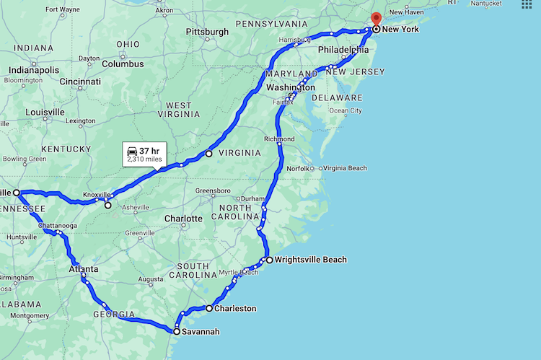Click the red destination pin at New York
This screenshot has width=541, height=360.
click(375, 19)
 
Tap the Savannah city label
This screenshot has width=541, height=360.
click(201, 332)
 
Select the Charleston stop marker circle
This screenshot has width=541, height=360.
click(209, 309)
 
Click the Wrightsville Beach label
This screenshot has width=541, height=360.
click(311, 260)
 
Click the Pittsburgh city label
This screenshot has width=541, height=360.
click(206, 32)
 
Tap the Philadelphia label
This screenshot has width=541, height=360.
click(343, 50)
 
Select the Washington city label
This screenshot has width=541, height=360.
click(291, 87)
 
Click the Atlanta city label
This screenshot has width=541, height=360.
click(84, 269)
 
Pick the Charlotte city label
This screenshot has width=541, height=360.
click(183, 218)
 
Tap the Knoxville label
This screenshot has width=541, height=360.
click(97, 195)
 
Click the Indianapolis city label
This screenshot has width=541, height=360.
click(34, 70)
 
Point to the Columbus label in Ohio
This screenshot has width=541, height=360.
click(123, 63)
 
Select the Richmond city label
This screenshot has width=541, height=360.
click(279, 139)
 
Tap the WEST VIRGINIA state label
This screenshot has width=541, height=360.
click(179, 110)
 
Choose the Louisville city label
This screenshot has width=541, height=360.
click(44, 113)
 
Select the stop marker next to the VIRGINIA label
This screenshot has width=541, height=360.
click(209, 153)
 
